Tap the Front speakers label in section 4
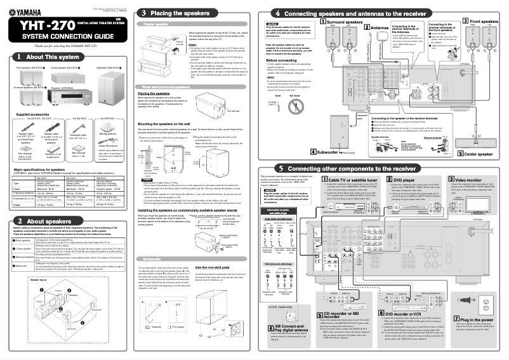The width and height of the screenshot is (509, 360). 485,21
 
